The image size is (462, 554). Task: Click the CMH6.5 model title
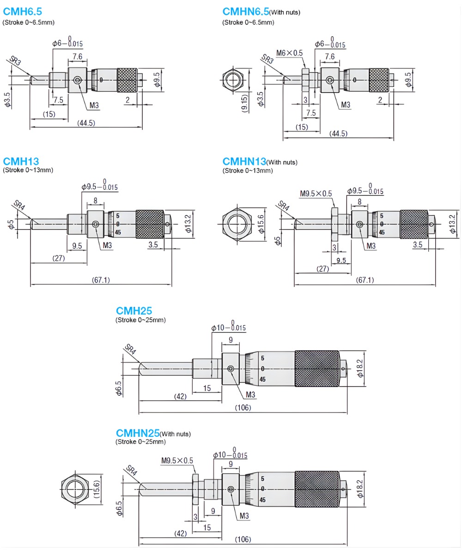point(22,12)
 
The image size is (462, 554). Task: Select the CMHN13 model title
point(244,162)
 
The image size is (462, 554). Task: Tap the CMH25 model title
point(134,311)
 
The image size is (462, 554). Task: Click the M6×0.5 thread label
point(289,53)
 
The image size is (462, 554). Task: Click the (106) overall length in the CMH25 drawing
point(243,408)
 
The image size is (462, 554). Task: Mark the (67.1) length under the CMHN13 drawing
point(365,280)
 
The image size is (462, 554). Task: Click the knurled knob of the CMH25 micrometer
point(317,368)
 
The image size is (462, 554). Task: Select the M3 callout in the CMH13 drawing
point(107,245)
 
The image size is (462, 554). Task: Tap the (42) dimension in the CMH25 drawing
point(180,396)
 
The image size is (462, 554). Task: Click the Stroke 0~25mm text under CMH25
point(140,320)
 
